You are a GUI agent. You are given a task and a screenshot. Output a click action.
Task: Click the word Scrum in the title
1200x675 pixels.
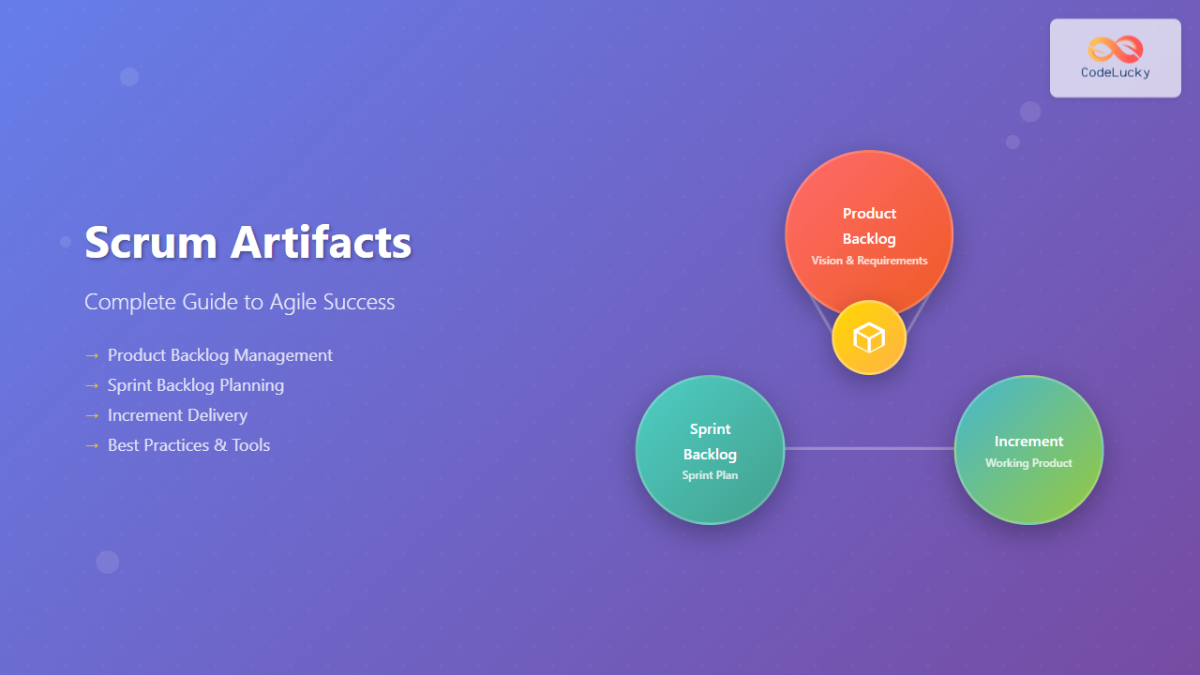(x=149, y=242)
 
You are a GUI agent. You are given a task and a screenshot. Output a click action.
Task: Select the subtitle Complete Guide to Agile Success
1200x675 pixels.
(x=239, y=302)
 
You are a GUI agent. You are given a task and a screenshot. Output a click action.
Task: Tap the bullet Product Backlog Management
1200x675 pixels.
(x=219, y=355)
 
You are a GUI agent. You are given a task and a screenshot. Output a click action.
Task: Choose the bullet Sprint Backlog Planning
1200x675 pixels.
(x=195, y=385)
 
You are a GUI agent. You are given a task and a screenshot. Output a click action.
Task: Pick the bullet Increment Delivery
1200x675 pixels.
(x=177, y=415)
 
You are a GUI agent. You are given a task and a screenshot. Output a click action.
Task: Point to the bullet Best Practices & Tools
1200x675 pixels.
(x=188, y=445)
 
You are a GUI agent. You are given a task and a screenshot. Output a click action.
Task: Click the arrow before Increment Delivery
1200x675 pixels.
(x=92, y=415)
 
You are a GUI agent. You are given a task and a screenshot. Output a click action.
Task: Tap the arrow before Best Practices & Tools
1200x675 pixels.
(x=92, y=445)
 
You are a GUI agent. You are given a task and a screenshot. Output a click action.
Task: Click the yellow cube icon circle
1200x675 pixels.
(x=869, y=337)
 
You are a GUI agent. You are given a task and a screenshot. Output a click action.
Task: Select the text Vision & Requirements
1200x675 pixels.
(x=869, y=261)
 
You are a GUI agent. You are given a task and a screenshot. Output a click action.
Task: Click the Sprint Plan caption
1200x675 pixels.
(x=710, y=475)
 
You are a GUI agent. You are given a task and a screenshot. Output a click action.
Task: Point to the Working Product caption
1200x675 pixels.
(x=1028, y=463)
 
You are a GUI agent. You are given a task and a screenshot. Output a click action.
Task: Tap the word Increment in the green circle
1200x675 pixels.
(x=1028, y=442)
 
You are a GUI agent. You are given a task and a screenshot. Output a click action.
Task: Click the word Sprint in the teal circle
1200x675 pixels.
(x=710, y=429)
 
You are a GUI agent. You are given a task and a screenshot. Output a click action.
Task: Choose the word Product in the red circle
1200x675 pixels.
(x=869, y=214)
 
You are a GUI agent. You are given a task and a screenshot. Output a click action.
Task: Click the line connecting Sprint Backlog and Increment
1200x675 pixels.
(x=869, y=448)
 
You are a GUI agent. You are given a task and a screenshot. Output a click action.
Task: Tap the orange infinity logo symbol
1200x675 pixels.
(x=1115, y=49)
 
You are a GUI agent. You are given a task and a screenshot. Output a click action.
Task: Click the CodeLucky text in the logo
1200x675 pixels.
(x=1115, y=73)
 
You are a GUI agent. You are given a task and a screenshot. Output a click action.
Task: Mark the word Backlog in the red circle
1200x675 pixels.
(x=869, y=239)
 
